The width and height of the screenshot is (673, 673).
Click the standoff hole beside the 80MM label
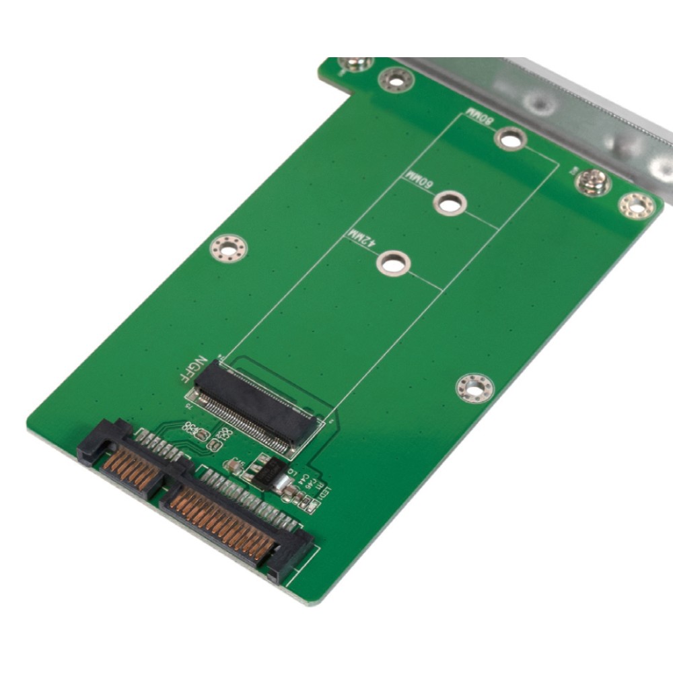click(509, 139)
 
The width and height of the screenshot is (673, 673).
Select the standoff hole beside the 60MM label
click(450, 202)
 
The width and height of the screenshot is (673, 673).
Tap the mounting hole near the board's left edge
click(229, 248)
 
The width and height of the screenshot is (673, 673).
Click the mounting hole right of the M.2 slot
click(474, 388)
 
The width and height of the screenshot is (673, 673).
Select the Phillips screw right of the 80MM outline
click(593, 182)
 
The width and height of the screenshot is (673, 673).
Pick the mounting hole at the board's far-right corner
click(636, 205)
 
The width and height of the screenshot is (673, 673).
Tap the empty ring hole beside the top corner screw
click(396, 80)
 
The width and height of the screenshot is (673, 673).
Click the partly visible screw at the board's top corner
click(353, 64)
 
